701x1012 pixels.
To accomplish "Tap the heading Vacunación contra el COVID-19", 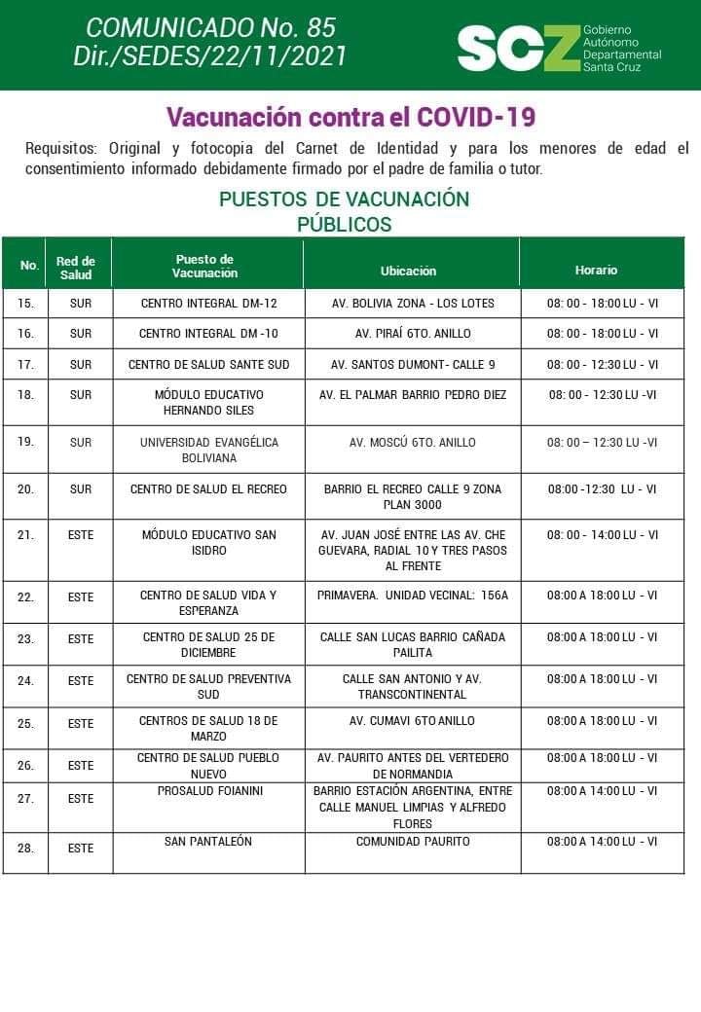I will point(350,118).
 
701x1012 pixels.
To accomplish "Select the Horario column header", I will point(596,270).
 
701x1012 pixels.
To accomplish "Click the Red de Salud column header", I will point(76,268).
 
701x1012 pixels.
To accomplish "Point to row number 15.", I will point(26,304).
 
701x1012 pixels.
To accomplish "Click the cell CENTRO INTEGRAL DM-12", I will point(208,304).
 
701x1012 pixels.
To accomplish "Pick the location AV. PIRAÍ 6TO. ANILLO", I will point(413,334).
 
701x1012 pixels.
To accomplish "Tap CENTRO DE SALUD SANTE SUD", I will point(208,365).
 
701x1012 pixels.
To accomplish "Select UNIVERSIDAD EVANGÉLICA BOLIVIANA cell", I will point(208,450).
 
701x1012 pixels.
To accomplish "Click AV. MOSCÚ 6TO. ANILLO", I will point(413,443).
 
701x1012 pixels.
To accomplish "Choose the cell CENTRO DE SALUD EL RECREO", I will point(208,489).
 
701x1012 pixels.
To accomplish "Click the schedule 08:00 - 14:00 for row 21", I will point(602,535).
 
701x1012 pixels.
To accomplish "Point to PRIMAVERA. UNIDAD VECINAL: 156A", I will point(413,596).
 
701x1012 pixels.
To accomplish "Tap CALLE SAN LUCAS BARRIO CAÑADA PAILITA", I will point(413,645).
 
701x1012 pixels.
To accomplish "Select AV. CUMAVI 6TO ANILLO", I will point(413,721).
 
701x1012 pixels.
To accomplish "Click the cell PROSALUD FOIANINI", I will point(208,791).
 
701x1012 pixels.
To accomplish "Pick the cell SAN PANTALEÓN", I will point(208,841).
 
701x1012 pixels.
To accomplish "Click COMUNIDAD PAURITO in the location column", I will point(413,841).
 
